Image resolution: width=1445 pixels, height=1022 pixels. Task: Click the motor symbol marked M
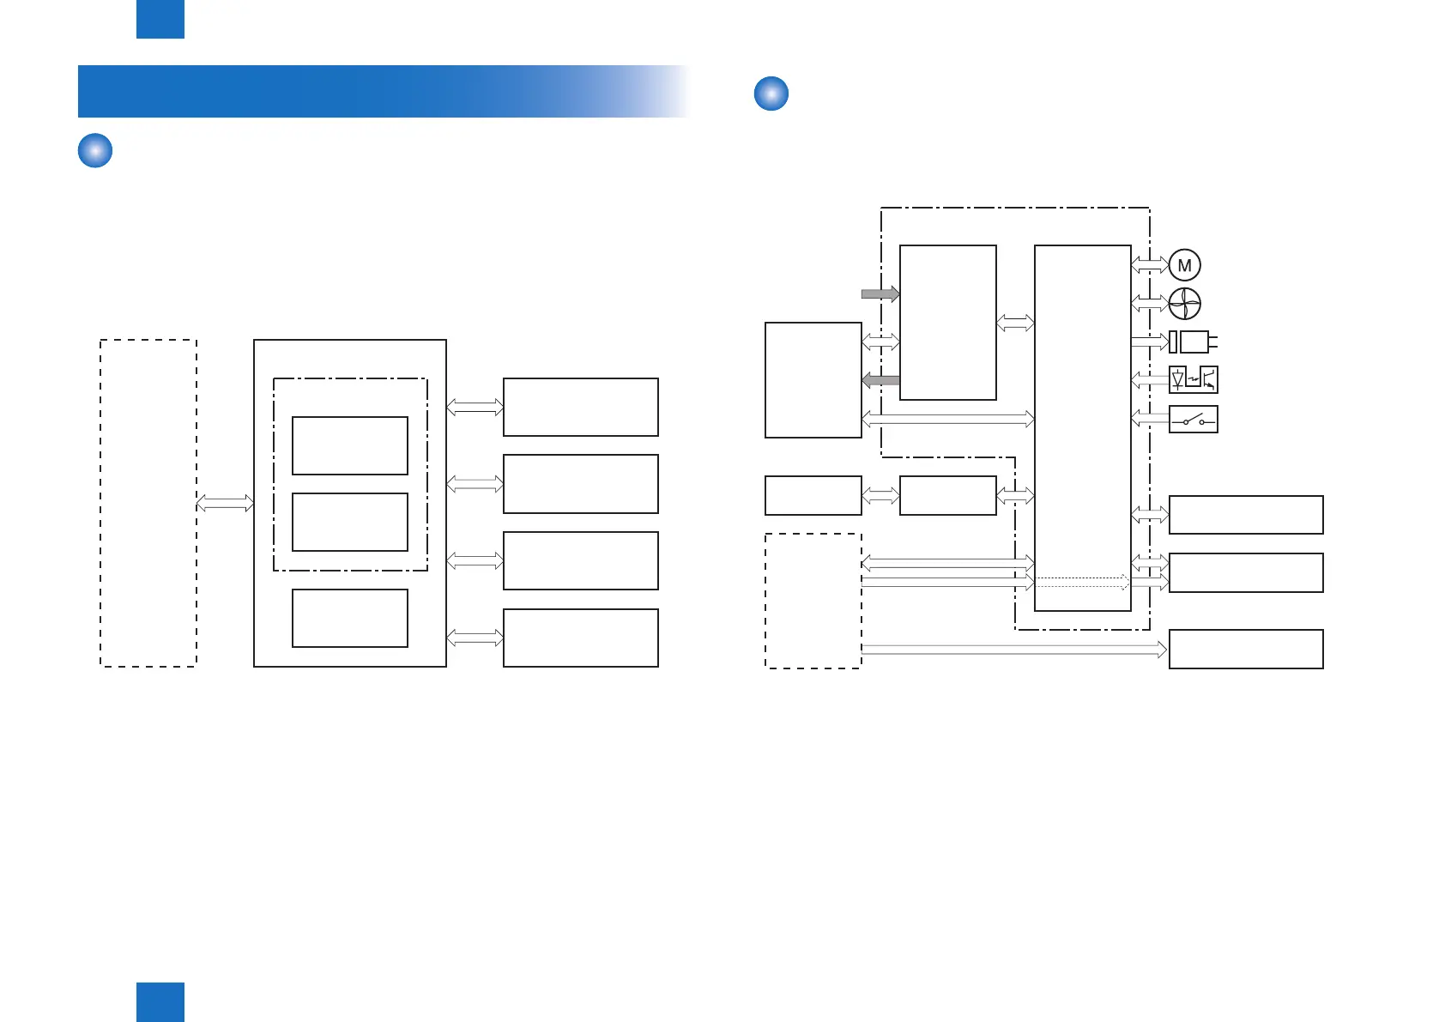(1185, 265)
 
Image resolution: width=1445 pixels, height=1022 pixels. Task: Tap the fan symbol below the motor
(1185, 304)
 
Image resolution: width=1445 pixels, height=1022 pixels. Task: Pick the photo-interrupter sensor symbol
(1194, 379)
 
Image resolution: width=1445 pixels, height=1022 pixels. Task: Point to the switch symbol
(1194, 419)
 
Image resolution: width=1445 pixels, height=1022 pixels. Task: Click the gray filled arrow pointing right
(880, 293)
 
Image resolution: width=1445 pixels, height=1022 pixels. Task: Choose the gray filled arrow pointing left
(880, 380)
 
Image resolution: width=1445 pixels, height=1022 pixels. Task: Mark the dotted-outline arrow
(1082, 582)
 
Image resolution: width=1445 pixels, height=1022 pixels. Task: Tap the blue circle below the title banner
(95, 150)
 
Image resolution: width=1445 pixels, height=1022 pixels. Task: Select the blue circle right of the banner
(771, 94)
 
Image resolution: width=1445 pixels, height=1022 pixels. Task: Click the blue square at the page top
(160, 19)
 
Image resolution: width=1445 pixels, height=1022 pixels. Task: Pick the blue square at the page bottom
(160, 1002)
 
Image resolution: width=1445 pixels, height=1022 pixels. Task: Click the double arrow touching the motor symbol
(1150, 265)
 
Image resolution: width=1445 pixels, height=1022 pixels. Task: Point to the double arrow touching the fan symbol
(1150, 304)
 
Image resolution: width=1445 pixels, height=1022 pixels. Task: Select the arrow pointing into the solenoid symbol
(1150, 342)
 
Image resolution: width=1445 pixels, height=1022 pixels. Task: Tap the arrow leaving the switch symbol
(1150, 419)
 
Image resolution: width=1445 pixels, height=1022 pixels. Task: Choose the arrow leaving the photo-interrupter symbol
(1150, 379)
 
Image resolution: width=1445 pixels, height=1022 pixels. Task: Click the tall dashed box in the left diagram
(148, 503)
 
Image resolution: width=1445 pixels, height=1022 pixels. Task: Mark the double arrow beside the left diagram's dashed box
(225, 503)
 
